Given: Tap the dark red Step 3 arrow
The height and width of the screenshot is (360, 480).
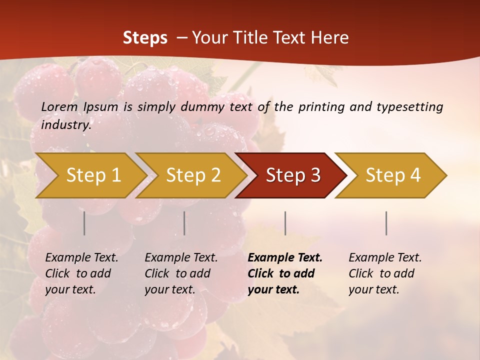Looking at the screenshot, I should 293,175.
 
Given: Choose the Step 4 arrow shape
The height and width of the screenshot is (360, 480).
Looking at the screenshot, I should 393,175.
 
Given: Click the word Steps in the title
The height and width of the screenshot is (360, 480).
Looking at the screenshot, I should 145,38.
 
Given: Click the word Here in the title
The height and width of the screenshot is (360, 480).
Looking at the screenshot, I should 330,38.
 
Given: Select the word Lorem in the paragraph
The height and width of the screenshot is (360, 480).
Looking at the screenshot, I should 59,106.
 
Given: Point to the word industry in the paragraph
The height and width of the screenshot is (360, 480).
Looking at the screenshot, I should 65,124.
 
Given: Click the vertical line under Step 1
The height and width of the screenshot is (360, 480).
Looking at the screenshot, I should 84,223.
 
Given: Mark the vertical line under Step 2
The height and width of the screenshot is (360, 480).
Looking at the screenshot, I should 184,223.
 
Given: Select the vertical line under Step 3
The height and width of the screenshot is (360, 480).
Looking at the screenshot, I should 285,223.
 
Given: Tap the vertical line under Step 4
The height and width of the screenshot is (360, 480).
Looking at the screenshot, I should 386,223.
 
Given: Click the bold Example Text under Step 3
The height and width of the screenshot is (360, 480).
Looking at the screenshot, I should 285,258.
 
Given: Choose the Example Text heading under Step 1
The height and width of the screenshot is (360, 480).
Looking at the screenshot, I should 81,258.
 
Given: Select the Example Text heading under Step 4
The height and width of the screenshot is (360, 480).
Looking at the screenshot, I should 385,258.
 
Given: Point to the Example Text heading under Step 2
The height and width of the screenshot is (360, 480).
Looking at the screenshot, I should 181,258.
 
